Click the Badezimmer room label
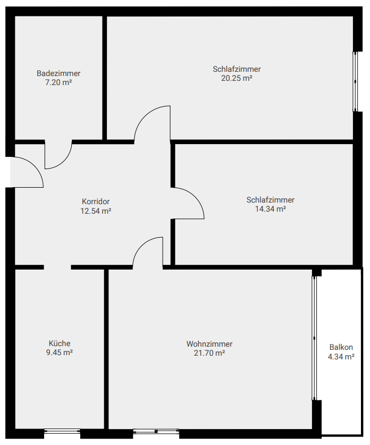pos(58,73)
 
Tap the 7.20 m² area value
pos(58,82)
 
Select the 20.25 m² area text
pos(237,78)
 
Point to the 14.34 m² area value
pos(270,209)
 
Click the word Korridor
pos(96,201)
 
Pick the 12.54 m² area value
pos(96,211)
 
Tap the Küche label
pos(60,343)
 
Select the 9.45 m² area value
pos(60,352)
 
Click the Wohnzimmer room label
pos(209,344)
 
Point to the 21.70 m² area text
pos(209,353)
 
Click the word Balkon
pos(341,347)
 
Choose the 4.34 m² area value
pos(341,356)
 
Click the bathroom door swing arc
pos(64,162)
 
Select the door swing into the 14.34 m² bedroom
pos(196,196)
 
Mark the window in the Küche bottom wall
pos(62,431)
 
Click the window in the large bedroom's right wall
pos(355,82)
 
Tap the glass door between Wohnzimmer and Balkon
pos(314,338)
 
